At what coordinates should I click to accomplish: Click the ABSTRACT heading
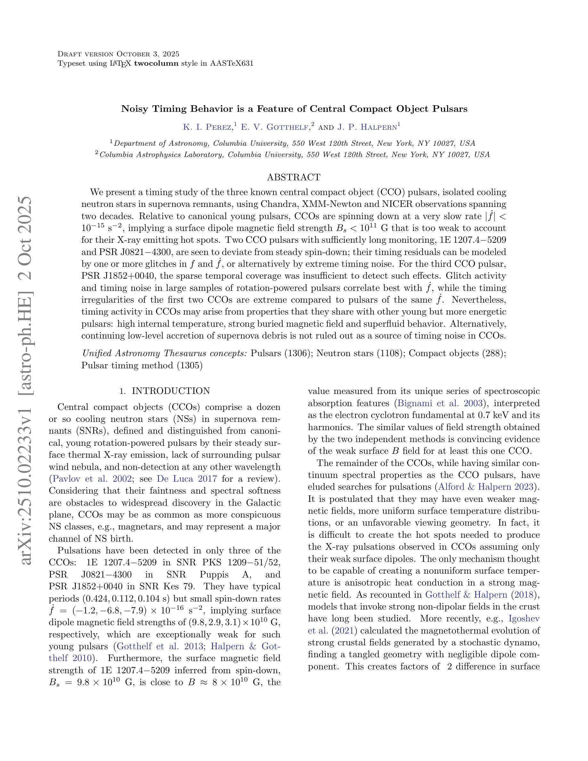(x=293, y=177)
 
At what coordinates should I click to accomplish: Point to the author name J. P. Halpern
(x=367, y=127)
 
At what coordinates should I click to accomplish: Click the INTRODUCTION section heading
(x=171, y=391)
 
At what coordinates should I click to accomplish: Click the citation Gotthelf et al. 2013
(x=160, y=646)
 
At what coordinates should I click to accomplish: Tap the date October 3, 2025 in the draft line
(x=148, y=54)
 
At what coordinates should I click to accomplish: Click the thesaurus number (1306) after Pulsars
(x=297, y=353)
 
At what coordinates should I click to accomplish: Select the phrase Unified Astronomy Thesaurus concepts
(x=164, y=353)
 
